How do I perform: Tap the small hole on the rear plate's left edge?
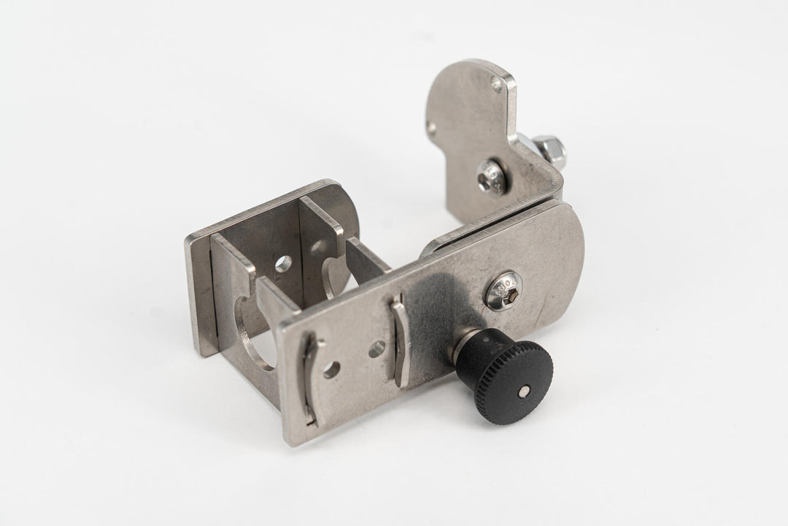point(433,129)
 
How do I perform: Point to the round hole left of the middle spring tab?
point(376,349)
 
